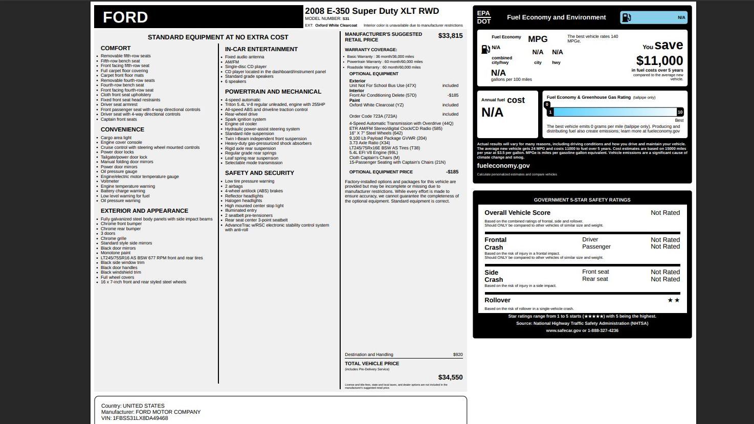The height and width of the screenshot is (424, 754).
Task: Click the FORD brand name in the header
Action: [x=125, y=17]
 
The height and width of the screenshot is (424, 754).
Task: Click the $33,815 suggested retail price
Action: [x=450, y=36]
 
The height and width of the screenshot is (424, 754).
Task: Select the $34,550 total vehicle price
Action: [x=450, y=377]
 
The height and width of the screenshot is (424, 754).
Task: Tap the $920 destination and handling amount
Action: [x=457, y=354]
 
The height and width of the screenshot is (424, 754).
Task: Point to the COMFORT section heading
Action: [x=116, y=48]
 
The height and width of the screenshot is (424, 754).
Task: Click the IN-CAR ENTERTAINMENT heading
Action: [x=261, y=49]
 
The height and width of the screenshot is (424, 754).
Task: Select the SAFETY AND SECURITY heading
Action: [x=259, y=173]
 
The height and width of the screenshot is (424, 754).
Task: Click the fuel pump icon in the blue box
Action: [x=626, y=17]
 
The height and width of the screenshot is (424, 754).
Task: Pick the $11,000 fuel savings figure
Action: [x=659, y=61]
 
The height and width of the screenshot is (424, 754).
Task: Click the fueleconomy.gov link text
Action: [x=503, y=166]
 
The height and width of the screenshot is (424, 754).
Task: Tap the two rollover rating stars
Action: [x=673, y=300]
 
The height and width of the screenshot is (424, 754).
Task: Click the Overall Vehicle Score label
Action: [x=517, y=213]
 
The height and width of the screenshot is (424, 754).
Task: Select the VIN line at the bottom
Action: [x=135, y=418]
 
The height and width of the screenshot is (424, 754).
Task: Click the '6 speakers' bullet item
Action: [x=235, y=81]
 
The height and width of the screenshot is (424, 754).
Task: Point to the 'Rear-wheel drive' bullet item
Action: [x=241, y=114]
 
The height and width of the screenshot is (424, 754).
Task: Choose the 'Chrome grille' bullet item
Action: [x=113, y=238]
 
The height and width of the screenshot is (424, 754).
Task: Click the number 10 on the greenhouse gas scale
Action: [x=680, y=112]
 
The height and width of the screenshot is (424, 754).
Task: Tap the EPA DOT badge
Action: [x=483, y=17]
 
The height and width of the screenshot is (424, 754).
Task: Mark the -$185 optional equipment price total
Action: [x=452, y=172]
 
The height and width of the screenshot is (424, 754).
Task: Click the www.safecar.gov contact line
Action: [x=582, y=330]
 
